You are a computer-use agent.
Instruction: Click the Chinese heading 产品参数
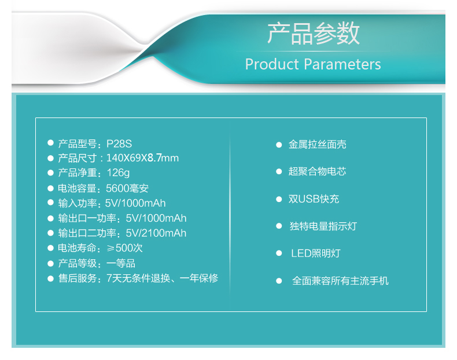pos(314,34)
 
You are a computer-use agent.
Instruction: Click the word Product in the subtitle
pos(272,64)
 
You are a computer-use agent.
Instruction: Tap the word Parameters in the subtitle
pos(342,64)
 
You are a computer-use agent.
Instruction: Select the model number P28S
pos(119,144)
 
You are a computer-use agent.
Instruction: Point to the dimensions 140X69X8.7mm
pos(142,158)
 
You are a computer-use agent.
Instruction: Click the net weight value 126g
pos(118,173)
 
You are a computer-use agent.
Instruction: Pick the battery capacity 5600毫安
pos(127,188)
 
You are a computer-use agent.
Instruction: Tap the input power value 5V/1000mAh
pos(135,203)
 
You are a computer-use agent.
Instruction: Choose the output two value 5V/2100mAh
pos(156,233)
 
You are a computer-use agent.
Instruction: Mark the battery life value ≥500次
pos(125,248)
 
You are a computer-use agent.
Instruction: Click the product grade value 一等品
pos(121,263)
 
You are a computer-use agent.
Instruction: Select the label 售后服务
pos(78,278)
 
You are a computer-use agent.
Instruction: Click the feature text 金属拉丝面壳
pos(318,145)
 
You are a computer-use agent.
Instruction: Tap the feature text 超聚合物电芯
pos(318,171)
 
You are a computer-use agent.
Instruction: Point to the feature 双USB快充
pos(314,199)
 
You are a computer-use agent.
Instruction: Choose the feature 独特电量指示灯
pos(323,226)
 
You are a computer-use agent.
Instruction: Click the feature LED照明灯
pos(316,254)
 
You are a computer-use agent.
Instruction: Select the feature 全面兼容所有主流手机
pos(340,281)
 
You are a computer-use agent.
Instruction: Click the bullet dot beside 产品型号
pos(50,143)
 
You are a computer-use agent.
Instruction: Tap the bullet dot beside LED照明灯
pos(279,254)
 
